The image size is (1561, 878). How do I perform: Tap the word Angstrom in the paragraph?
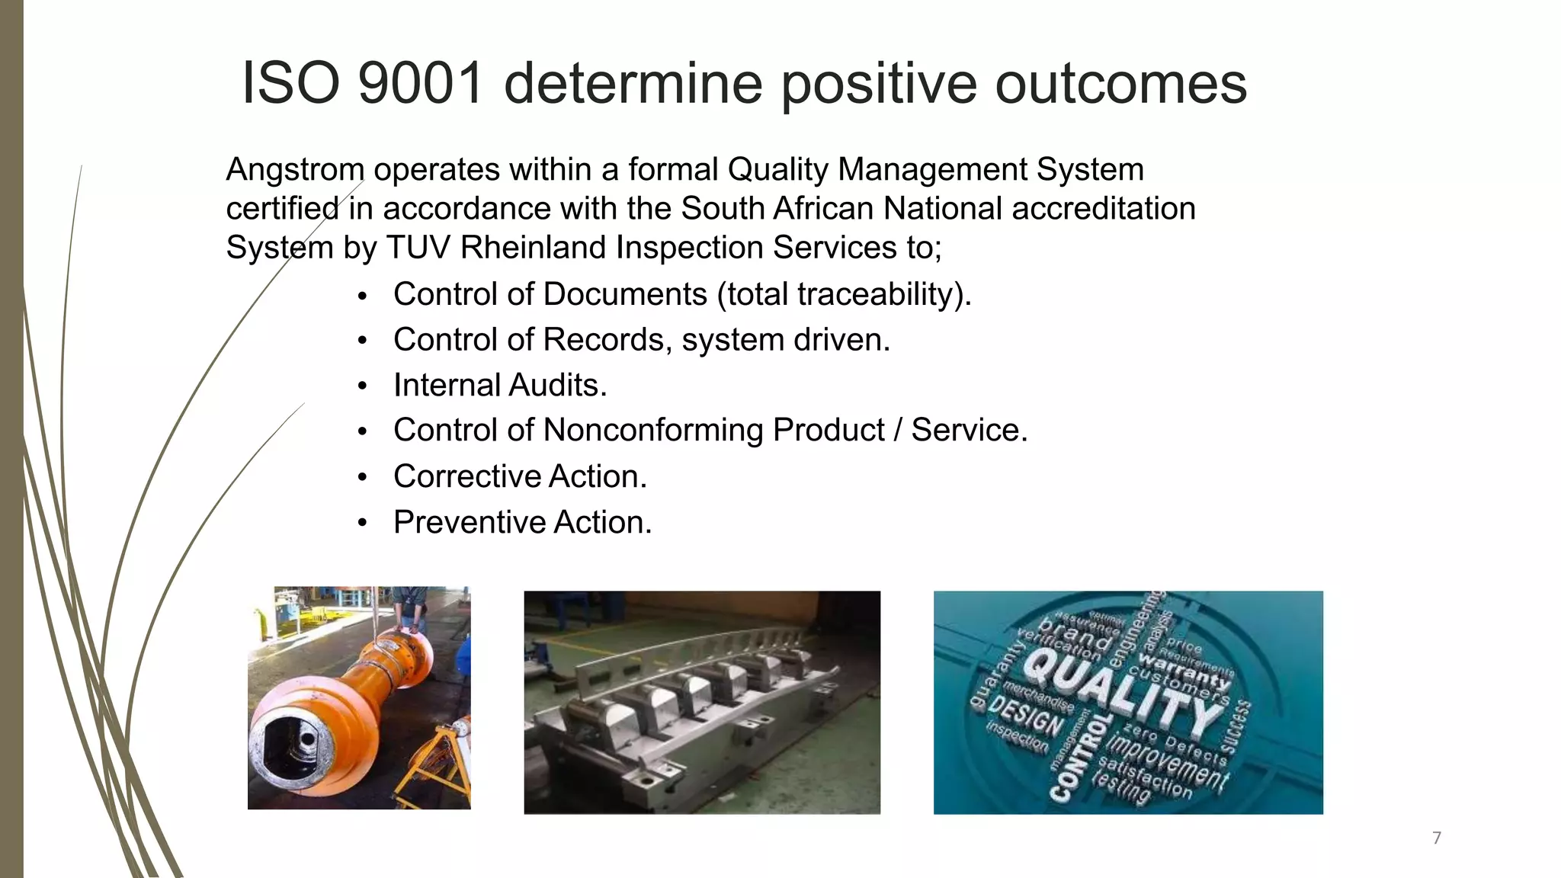295,169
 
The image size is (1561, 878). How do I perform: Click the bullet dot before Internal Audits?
363,386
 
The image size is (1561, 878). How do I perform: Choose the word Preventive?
469,523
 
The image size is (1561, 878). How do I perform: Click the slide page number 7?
1437,838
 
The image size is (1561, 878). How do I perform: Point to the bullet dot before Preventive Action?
363,523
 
